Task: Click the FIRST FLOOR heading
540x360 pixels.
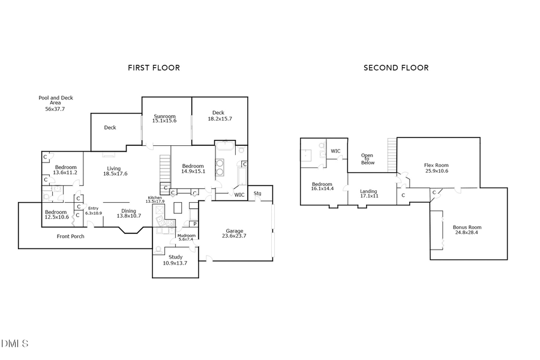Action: click(154, 68)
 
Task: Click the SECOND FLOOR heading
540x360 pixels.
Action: click(396, 68)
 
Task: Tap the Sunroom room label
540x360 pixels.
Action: click(164, 116)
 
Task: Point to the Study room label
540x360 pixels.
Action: click(175, 257)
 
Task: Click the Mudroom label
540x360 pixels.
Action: click(187, 235)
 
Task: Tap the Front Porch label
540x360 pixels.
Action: click(71, 236)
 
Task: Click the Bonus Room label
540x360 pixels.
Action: click(467, 227)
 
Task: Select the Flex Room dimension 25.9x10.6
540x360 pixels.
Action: click(436, 171)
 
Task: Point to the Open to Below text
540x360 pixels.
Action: click(367, 159)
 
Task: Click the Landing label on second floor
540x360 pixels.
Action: click(368, 191)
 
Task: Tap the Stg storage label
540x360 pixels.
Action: click(257, 193)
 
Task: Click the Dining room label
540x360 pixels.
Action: click(128, 211)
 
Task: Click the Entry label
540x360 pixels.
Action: click(93, 208)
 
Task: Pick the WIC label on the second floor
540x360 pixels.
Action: click(335, 151)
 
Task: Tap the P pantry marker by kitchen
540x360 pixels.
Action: click(194, 224)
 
